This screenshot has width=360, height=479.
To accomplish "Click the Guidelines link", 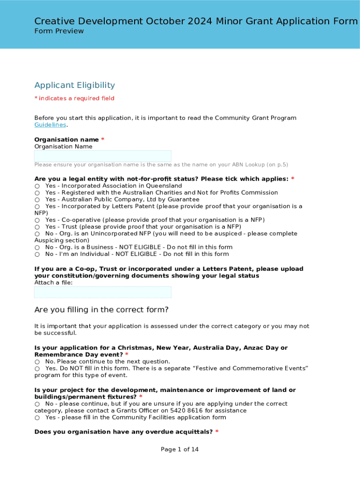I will click(x=50, y=125).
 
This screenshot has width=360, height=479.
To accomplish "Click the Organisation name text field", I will click(x=103, y=156).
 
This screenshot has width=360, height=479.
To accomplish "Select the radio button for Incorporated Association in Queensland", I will click(x=37, y=186).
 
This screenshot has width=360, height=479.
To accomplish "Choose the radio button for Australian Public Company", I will click(x=37, y=200).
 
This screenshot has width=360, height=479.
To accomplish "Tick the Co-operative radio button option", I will click(x=37, y=220).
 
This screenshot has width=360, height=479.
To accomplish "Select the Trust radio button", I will click(x=37, y=227).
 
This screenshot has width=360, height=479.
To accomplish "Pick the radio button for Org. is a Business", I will click(x=37, y=247).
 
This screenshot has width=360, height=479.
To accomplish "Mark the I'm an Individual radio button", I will click(x=37, y=254).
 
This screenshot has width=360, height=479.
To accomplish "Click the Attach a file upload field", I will click(x=103, y=292).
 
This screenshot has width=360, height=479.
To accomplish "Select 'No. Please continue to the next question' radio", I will click(x=37, y=362).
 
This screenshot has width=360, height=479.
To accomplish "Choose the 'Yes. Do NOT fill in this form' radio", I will click(x=37, y=369).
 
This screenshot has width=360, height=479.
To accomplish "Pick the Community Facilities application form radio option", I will click(x=37, y=418).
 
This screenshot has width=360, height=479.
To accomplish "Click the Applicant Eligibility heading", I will click(x=75, y=85).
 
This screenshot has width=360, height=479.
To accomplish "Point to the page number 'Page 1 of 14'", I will click(x=180, y=450).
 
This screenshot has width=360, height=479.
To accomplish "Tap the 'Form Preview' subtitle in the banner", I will click(x=59, y=31).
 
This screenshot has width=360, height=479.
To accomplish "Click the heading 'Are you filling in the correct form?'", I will click(x=101, y=310).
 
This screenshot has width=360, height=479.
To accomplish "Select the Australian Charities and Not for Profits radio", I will click(x=37, y=193).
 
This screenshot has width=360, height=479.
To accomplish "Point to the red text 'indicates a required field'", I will click(x=76, y=98).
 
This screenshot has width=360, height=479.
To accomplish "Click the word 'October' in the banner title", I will click(x=166, y=21).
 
